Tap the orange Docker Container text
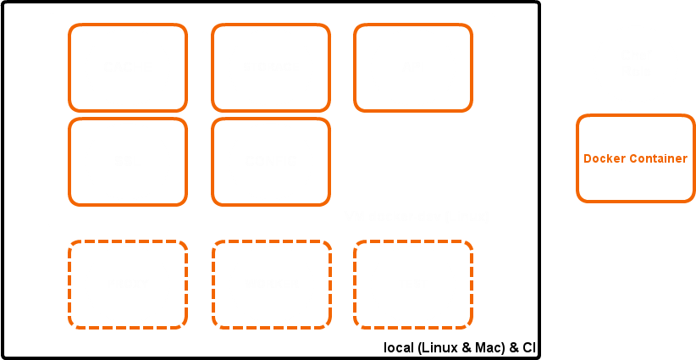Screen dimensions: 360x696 tap(636, 158)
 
